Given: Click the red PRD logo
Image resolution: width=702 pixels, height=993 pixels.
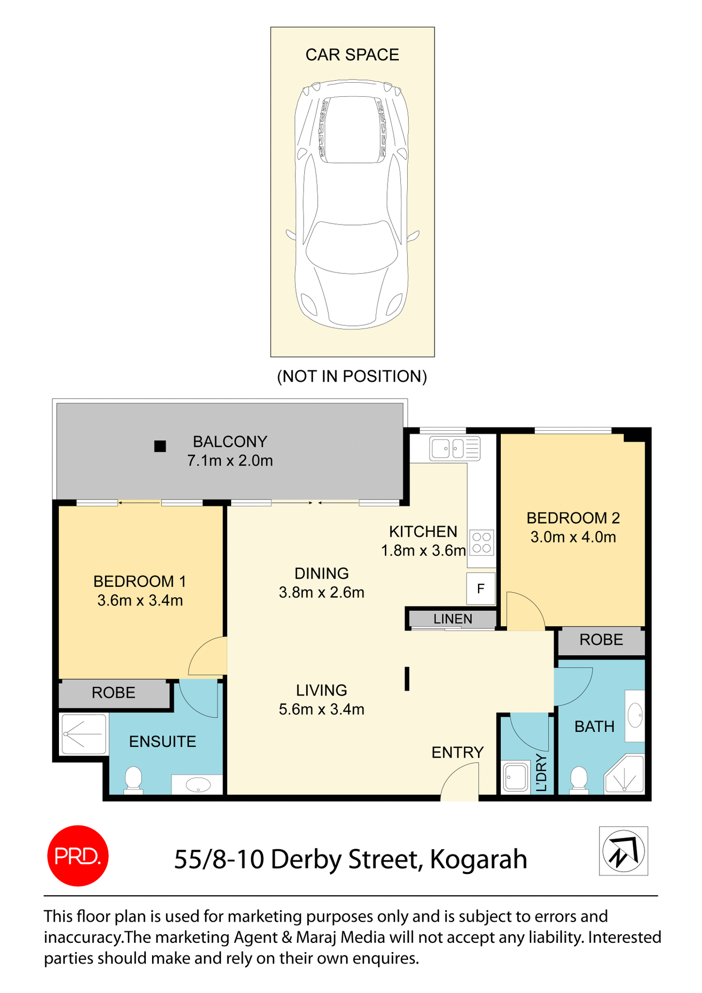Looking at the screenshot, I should [78, 855].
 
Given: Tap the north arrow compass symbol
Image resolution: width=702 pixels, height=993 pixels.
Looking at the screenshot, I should [623, 851].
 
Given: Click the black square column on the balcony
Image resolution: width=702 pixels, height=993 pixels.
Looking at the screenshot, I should [160, 446].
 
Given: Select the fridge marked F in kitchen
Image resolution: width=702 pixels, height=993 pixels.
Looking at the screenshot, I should [481, 589].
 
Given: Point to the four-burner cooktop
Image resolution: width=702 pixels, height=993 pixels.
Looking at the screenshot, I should [482, 543].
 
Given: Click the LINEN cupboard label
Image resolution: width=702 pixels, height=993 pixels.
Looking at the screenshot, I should [453, 619].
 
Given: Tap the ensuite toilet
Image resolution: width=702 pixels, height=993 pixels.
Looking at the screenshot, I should [133, 780].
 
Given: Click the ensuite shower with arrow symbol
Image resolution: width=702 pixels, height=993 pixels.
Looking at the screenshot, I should [84, 734].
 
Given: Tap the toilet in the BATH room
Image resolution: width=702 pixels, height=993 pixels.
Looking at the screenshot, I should [579, 780].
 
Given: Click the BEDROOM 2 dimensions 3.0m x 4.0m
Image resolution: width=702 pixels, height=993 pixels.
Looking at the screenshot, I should [573, 537].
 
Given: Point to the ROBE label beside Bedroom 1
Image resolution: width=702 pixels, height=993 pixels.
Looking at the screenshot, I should [113, 693].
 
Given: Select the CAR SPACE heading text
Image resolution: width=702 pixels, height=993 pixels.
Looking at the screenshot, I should [352, 55].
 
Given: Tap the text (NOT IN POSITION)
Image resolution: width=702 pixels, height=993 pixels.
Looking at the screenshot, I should [352, 376].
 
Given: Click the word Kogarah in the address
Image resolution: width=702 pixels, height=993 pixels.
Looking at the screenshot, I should [478, 859].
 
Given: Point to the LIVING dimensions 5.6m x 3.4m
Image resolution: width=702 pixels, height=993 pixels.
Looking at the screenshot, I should [321, 709].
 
